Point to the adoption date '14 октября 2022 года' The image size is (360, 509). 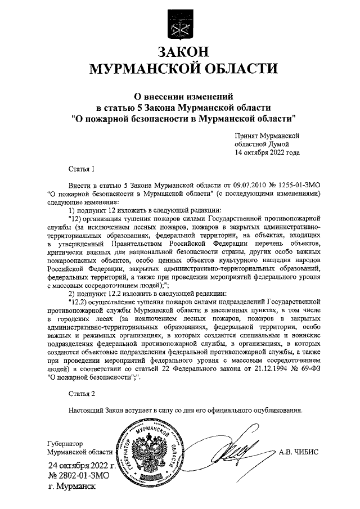267,152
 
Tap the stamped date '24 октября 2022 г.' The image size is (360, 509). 82,466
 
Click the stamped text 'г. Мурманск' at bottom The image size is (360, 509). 73,487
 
